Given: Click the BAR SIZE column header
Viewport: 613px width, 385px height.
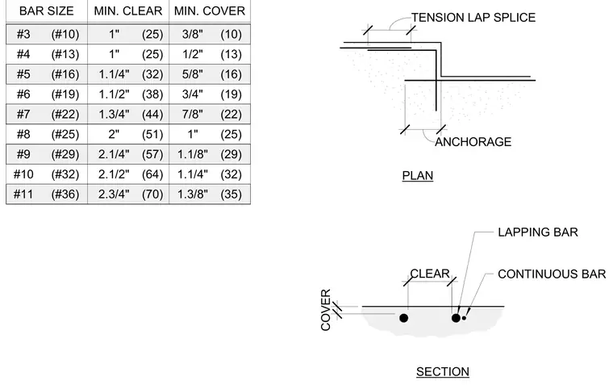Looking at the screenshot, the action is coord(47,11).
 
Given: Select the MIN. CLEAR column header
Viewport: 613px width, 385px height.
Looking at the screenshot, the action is coord(127,11).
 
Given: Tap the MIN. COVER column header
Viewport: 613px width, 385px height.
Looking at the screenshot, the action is coord(210,11).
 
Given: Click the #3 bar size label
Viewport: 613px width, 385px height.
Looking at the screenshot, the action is coord(23,35).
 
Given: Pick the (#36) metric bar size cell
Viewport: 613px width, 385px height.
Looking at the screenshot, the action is coord(65,195).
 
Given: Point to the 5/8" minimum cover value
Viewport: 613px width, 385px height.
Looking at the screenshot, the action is coord(192,74).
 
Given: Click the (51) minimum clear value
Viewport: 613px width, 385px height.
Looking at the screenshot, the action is coord(152,135).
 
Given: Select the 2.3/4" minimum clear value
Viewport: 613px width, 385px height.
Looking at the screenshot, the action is coord(114,195).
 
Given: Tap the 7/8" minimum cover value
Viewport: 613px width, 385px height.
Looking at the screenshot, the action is coord(192,115).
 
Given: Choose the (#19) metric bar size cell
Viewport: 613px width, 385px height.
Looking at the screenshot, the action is coord(65,94).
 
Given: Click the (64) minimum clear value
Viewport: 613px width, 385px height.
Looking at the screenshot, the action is coord(152,174).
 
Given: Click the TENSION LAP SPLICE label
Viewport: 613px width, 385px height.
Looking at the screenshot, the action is coord(473,18).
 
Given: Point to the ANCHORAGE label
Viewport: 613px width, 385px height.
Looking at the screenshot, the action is coord(473,141).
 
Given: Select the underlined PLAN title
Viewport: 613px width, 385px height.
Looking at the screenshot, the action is coord(418,176).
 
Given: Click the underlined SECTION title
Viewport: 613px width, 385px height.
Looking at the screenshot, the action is coord(443,372).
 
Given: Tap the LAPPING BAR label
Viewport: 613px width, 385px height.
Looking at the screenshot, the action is coord(538,232).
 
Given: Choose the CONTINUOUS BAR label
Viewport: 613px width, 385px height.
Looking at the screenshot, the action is coord(552,274).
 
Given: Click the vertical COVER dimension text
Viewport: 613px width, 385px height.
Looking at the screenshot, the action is coord(326,310).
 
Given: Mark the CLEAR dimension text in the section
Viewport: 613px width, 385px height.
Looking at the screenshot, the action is coord(430,274).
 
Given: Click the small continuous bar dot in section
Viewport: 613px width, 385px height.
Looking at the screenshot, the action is coord(464,318).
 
